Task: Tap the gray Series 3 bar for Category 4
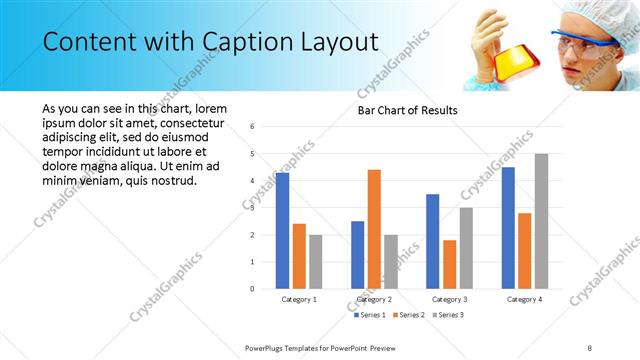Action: pos(541,221)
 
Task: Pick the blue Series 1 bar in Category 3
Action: pos(432,241)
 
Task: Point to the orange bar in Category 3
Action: pos(449,264)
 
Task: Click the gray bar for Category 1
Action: pos(316,262)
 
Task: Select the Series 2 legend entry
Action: pos(409,315)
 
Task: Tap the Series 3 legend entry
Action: pos(447,315)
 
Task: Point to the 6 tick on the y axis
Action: pos(252,127)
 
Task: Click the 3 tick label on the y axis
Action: pos(252,208)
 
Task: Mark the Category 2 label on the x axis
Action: pos(374,299)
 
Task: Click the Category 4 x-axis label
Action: pos(524,299)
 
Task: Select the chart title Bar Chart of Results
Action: pos(408,110)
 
